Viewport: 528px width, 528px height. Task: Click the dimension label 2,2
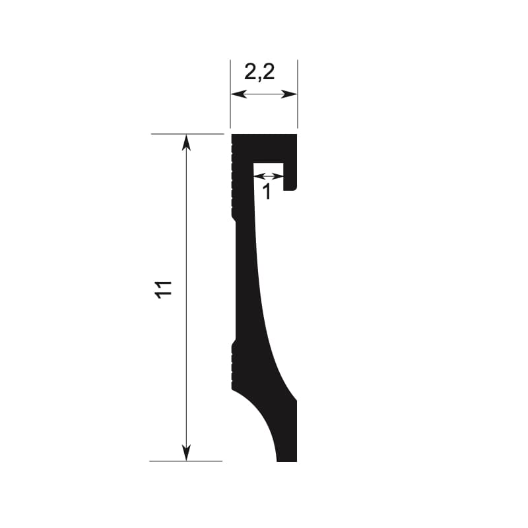pyautogui.click(x=259, y=72)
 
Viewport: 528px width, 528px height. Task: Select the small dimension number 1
pyautogui.click(x=267, y=192)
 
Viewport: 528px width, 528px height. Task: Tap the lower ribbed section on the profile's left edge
pyautogui.click(x=233, y=366)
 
